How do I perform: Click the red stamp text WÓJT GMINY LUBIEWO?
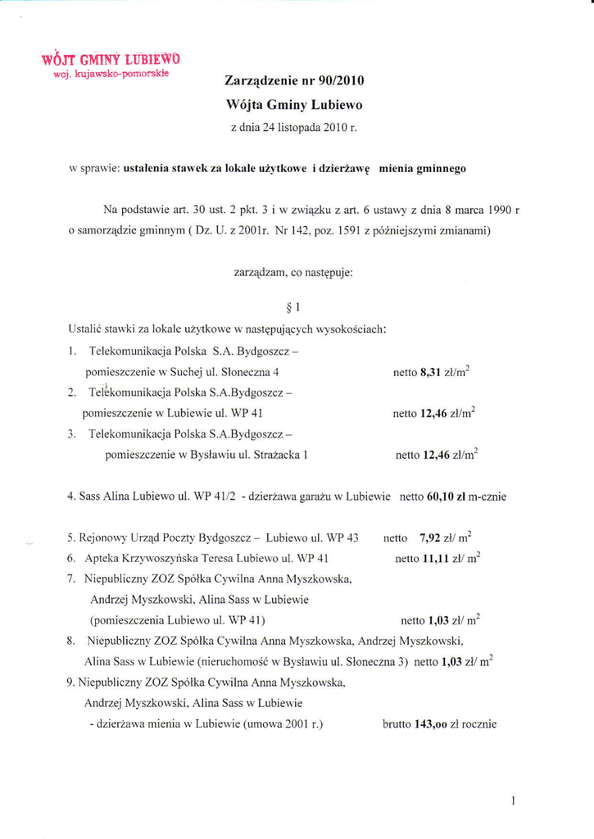(111, 58)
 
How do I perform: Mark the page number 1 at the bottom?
(512, 800)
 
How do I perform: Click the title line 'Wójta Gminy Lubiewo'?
(294, 105)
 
